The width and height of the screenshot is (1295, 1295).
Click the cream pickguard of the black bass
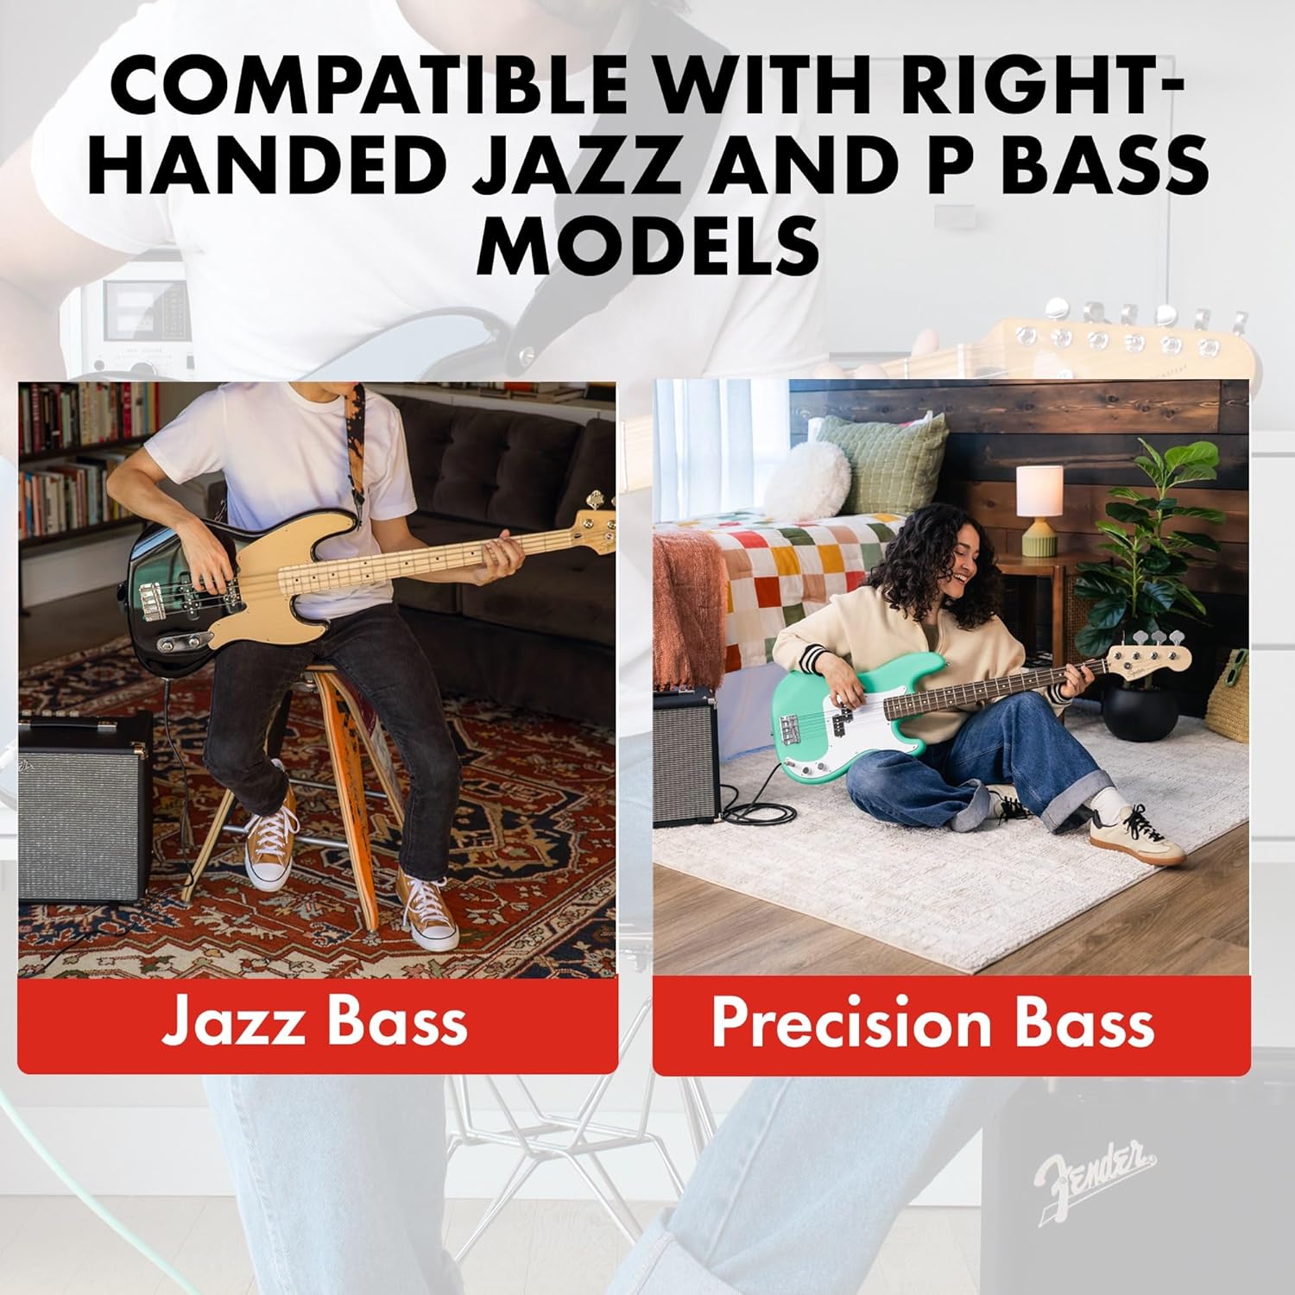pos(276,587)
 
